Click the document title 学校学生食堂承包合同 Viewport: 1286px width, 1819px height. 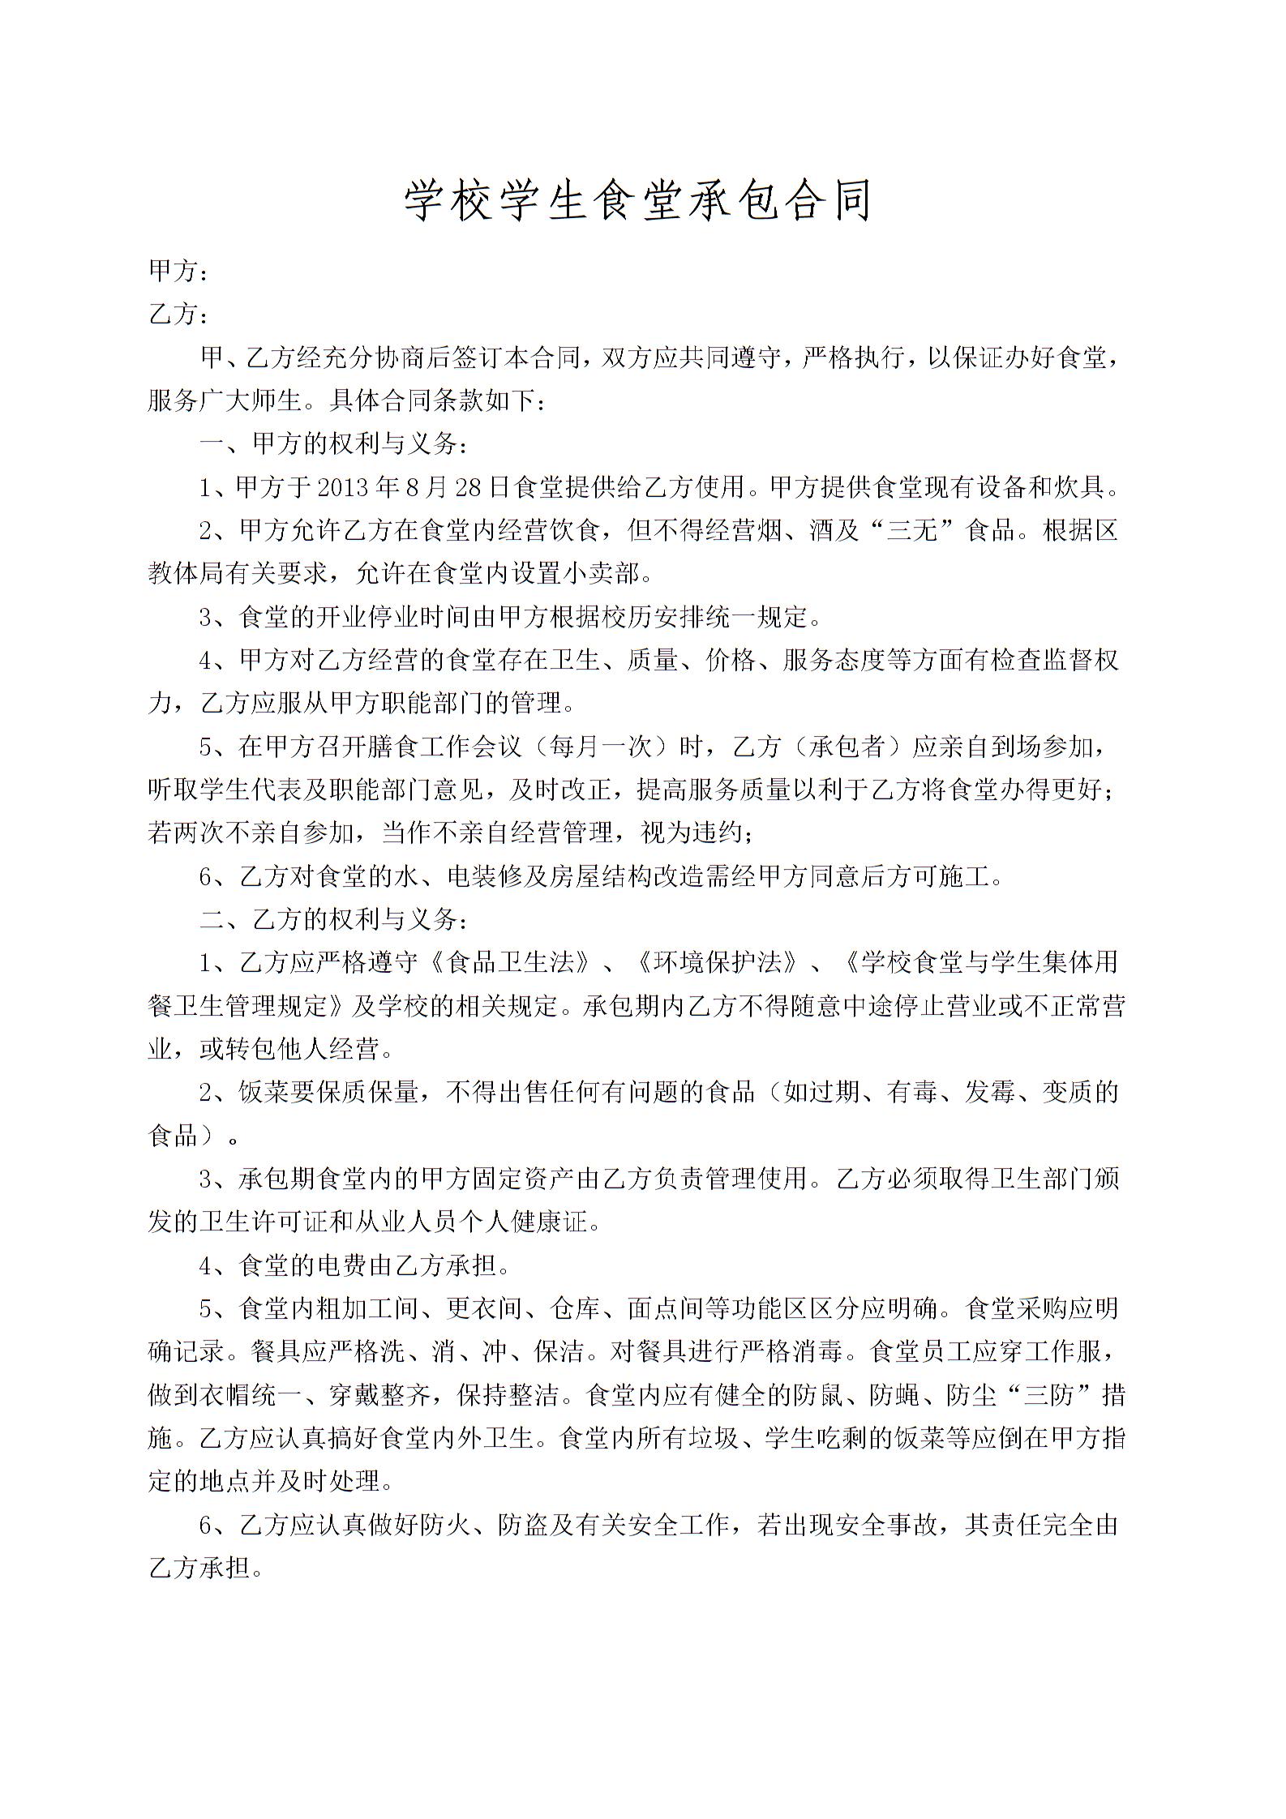pyautogui.click(x=638, y=200)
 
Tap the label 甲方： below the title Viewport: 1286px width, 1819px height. pyautogui.click(x=178, y=272)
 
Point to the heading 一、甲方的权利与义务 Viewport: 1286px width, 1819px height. pyautogui.click(x=332, y=444)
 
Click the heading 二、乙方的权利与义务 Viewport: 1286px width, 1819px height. pyautogui.click(x=332, y=919)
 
